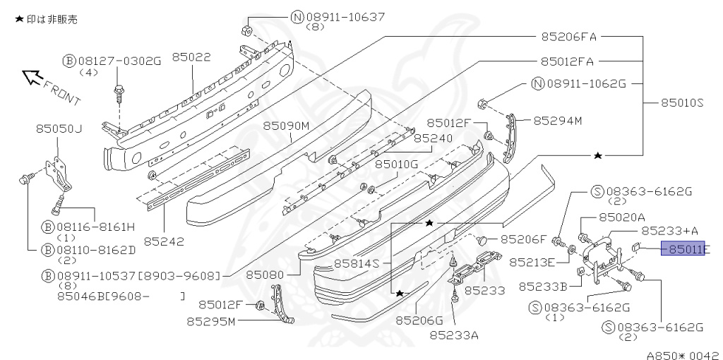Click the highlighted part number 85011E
683,248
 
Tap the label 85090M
287,126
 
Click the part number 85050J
59,128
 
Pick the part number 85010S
682,102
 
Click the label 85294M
557,121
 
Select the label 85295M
210,322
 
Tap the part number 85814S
357,263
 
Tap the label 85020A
621,218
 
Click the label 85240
433,138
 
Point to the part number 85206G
419,320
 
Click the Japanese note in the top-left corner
47,19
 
